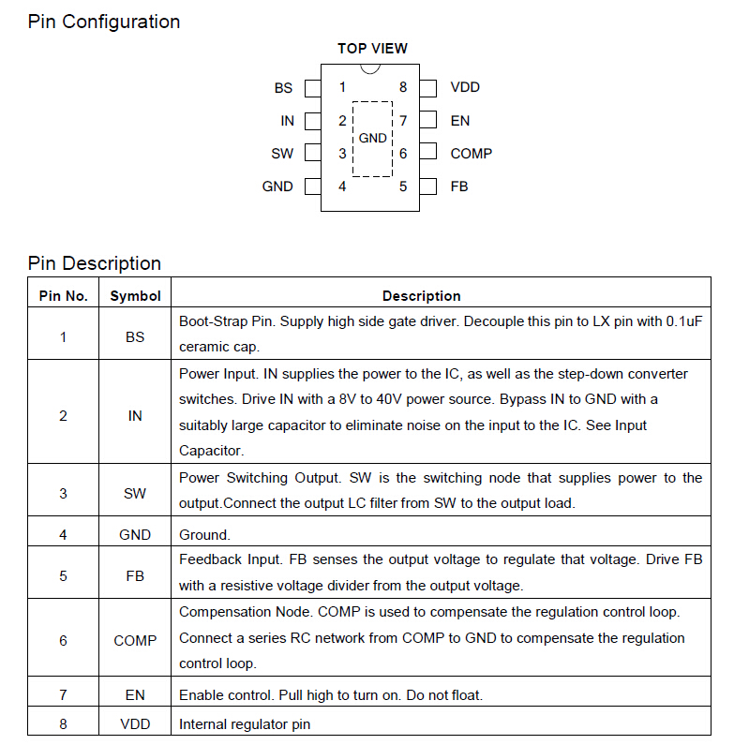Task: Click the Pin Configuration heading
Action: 104,22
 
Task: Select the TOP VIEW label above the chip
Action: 372,49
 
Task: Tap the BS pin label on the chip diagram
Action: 283,88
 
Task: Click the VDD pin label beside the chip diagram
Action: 465,88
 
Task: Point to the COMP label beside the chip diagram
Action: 471,154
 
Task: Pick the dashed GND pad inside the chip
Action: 372,139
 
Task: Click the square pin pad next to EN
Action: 428,121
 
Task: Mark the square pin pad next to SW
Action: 313,154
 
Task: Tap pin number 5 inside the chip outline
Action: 403,186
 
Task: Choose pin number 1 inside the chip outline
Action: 342,88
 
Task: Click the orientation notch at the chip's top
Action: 370,67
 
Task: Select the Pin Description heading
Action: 95,263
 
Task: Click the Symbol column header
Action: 135,296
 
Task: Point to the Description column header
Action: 421,296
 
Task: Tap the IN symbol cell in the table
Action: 135,415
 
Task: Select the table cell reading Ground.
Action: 204,535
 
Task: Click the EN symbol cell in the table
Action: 135,695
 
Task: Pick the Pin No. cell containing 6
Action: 63,641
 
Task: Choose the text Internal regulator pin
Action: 245,724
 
